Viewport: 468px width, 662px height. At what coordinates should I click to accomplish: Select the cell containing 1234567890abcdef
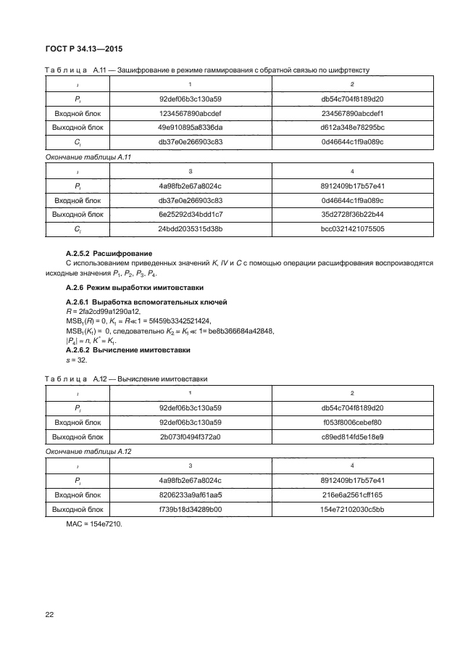(191, 114)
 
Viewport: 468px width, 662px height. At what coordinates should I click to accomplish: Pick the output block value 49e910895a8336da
(191, 128)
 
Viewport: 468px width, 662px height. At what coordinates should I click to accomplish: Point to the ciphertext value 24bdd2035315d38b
(191, 229)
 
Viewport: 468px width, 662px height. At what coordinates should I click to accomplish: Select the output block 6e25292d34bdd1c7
(191, 215)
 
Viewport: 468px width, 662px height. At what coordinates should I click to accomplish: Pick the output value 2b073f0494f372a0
(191, 436)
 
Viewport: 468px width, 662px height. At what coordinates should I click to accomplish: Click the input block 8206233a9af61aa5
(191, 495)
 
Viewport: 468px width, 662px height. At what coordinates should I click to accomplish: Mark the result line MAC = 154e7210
(94, 524)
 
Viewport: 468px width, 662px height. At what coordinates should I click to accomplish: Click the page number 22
(50, 616)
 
